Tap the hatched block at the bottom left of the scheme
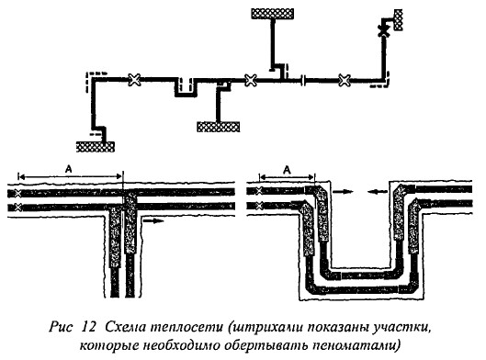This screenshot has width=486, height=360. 94,144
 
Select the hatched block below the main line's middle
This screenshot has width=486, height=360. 218,126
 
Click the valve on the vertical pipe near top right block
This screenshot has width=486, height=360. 381,31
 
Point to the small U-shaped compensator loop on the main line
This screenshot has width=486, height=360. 186,88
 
